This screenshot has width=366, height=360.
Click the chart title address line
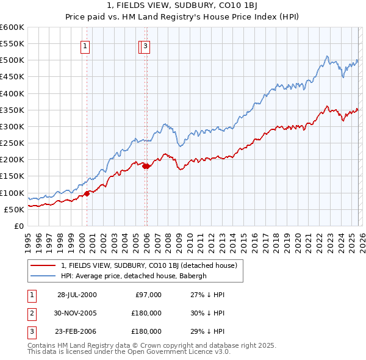[182, 7]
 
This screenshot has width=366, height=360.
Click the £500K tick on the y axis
[12, 60]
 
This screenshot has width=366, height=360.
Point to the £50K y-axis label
[14, 209]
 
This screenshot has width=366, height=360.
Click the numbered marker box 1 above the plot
[85, 45]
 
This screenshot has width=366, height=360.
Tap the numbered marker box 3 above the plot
[147, 45]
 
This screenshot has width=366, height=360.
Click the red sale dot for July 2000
[87, 193]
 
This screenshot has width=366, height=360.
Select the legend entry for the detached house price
[152, 265]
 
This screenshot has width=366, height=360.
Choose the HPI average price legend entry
[134, 275]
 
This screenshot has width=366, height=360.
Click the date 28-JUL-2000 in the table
[77, 295]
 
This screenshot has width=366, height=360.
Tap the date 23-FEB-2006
[77, 331]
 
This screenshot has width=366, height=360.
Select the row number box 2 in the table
[32, 313]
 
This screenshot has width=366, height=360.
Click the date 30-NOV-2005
[77, 313]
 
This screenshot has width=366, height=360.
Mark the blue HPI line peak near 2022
[328, 56]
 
